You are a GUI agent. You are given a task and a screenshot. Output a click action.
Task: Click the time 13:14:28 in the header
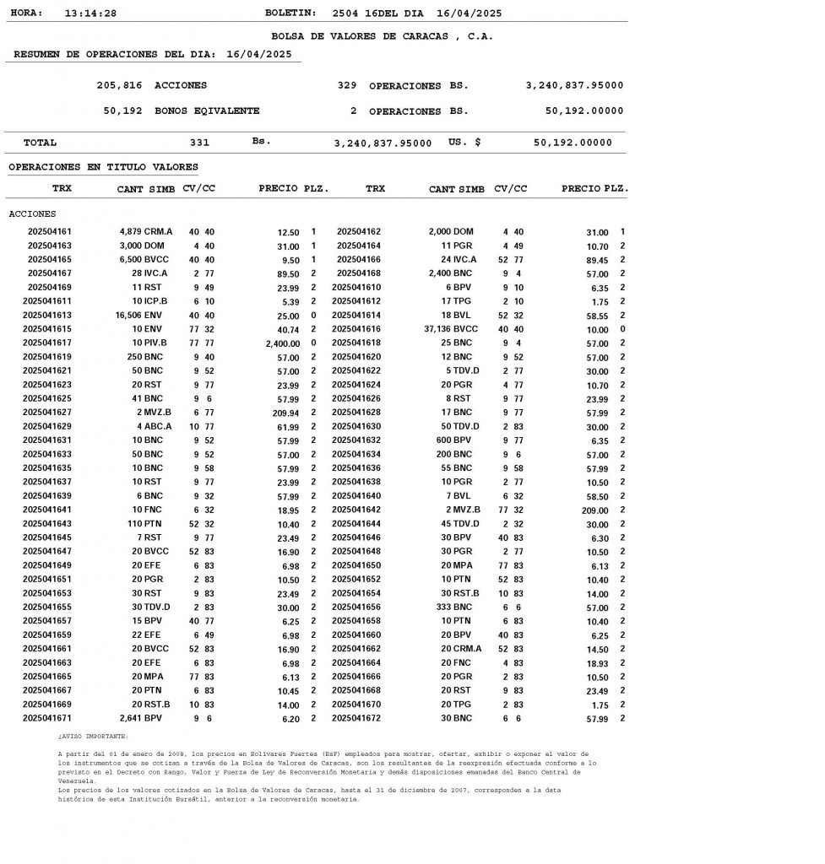90,13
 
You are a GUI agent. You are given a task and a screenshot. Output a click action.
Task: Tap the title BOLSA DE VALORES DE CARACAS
382,36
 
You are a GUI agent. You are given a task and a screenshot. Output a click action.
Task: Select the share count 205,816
120,85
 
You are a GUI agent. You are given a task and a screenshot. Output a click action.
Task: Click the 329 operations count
346,85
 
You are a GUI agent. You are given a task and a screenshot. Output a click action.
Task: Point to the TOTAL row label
40,143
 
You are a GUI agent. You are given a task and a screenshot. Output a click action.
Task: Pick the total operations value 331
199,143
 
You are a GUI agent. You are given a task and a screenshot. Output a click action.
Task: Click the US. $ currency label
464,143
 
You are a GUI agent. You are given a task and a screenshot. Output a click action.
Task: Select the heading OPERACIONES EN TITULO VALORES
103,167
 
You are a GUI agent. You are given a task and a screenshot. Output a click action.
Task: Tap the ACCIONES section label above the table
32,213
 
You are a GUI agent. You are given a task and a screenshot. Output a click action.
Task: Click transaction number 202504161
50,231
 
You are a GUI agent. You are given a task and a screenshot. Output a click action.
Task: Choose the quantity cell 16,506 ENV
138,315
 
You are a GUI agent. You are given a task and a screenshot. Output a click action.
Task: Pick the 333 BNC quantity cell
457,607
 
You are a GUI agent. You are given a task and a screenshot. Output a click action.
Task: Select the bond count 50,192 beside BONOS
122,111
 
